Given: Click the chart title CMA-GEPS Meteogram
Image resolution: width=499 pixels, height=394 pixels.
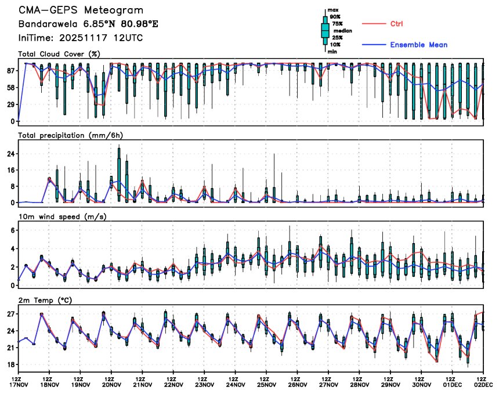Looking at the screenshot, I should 81,11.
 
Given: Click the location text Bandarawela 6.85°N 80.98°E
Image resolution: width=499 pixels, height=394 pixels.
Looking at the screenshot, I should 88,24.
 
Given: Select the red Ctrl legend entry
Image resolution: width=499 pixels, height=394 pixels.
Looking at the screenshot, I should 396,23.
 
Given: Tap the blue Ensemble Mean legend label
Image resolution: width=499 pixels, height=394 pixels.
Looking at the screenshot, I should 418,45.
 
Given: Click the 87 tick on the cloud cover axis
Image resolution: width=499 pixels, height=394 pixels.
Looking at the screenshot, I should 10,70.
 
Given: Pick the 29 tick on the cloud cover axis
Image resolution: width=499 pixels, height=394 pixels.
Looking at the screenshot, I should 10,104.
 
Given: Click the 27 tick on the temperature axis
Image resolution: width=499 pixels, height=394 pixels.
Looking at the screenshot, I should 10,314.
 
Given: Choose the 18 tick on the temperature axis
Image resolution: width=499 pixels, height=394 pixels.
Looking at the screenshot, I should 10,365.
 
